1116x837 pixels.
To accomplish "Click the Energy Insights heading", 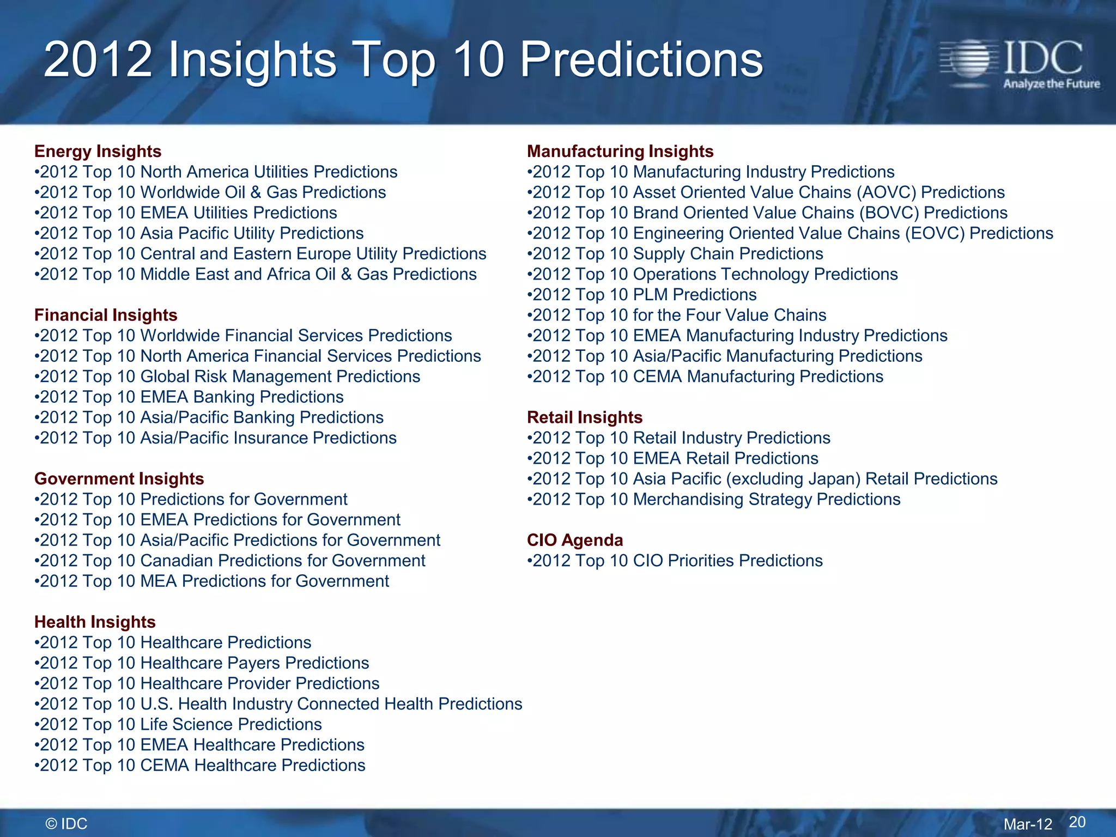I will point(98,151).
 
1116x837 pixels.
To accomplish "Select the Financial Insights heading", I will point(106,315).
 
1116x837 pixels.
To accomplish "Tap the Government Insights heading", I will point(119,478).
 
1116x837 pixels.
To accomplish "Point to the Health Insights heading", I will point(95,622).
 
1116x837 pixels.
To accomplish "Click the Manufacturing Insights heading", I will point(620,151).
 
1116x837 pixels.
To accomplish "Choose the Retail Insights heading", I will point(585,417).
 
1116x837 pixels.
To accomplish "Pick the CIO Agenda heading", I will point(575,540).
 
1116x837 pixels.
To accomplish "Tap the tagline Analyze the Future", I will point(1051,84).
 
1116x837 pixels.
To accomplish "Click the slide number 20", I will point(1077,822).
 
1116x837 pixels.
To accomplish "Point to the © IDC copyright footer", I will point(66,823).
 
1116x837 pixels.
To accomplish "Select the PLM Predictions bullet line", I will point(642,295).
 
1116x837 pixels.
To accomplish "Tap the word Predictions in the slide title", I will point(641,60).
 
